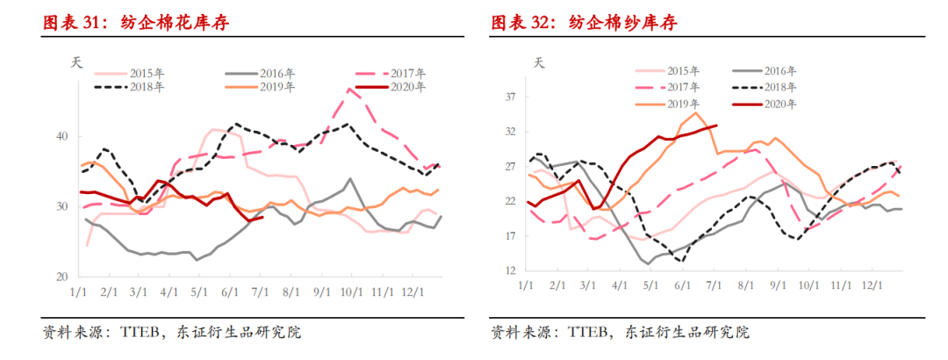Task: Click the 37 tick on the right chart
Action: (510, 97)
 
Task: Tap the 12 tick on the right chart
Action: (510, 271)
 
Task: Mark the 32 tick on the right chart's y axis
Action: (510, 132)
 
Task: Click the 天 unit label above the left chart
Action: (75, 62)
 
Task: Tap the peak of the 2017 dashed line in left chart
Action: (349, 88)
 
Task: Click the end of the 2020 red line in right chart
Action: (717, 126)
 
